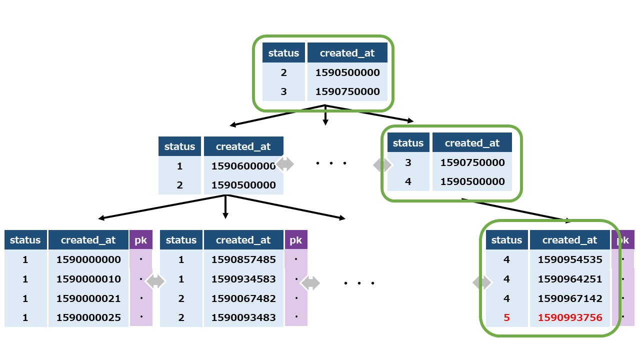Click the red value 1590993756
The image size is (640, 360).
pos(570,317)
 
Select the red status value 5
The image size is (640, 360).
pos(506,317)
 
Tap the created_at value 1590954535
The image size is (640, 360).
pos(570,259)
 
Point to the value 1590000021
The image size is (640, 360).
pos(88,298)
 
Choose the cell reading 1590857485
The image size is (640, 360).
pos(243,259)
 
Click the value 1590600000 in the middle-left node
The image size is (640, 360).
pos(243,166)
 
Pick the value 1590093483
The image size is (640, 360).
pos(243,317)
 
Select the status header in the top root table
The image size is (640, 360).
pos(283,53)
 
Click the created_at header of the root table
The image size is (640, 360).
pos(347,53)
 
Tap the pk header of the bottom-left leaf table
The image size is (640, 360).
pos(140,240)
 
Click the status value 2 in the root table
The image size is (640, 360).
pos(283,72)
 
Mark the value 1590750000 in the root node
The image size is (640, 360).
pos(347,91)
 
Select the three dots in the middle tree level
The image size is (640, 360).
pos(331,163)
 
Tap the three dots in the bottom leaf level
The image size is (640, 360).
pos(359,283)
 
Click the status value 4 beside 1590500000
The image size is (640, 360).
pos(408,181)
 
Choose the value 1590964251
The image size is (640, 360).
pos(570,279)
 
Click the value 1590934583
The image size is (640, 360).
pos(243,279)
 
